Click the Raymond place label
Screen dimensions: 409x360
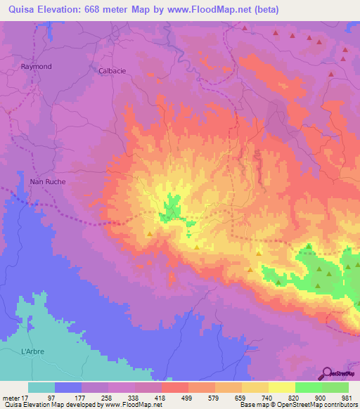(x=36, y=66)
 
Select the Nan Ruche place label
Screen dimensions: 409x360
(x=46, y=181)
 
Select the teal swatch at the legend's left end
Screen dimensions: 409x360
(x=41, y=387)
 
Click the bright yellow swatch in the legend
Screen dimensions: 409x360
(x=281, y=387)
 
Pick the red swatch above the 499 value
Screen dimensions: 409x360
(x=174, y=387)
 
